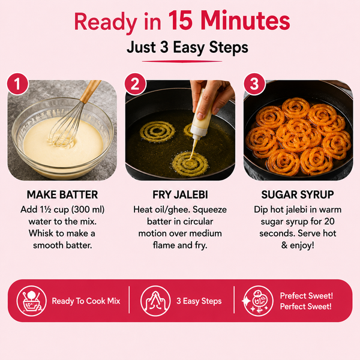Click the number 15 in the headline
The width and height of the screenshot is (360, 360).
click(x=180, y=20)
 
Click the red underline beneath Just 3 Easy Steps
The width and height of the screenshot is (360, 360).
click(x=182, y=61)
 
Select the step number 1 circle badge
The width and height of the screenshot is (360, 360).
click(x=17, y=84)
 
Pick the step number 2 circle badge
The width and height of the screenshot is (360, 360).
click(x=135, y=84)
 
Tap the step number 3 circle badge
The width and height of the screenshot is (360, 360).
click(x=254, y=84)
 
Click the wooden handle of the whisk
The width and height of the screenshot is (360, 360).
click(x=91, y=91)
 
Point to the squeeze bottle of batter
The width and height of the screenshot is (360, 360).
click(x=199, y=119)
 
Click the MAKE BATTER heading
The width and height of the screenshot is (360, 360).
click(x=62, y=194)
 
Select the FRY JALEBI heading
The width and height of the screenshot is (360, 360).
click(x=180, y=194)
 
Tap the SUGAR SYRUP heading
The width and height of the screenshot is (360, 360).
click(x=298, y=194)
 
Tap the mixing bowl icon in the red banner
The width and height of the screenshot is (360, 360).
click(x=31, y=301)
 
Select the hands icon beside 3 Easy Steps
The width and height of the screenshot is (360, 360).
click(x=155, y=301)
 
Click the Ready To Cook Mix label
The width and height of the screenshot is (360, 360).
click(x=86, y=301)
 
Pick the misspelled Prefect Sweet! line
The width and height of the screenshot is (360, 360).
click(x=306, y=296)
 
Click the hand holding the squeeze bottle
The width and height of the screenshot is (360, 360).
click(x=211, y=97)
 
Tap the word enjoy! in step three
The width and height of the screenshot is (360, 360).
click(x=302, y=245)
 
